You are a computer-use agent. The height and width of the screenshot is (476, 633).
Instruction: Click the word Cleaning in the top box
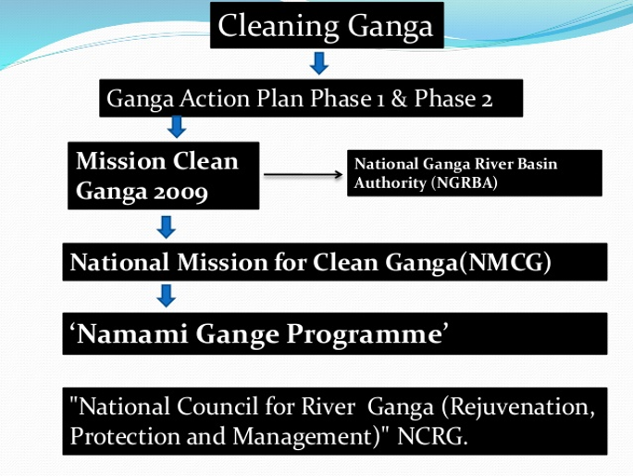[279, 27]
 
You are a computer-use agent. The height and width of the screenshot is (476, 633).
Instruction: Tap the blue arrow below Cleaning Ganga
[319, 63]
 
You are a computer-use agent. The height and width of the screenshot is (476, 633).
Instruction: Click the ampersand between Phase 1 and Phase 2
[399, 98]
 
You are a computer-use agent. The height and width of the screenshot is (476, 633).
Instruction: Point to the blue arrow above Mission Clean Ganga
[177, 127]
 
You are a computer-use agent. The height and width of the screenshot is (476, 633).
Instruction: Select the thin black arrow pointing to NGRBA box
[303, 174]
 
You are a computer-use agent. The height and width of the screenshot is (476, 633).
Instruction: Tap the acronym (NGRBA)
[465, 183]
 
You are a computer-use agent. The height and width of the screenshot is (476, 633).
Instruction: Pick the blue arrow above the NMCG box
[166, 227]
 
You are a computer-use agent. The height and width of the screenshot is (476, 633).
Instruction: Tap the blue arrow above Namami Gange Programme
[166, 295]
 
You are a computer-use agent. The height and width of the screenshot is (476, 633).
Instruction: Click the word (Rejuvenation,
[518, 407]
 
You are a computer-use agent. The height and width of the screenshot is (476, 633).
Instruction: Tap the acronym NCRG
[432, 436]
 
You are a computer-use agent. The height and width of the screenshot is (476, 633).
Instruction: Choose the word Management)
[306, 437]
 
